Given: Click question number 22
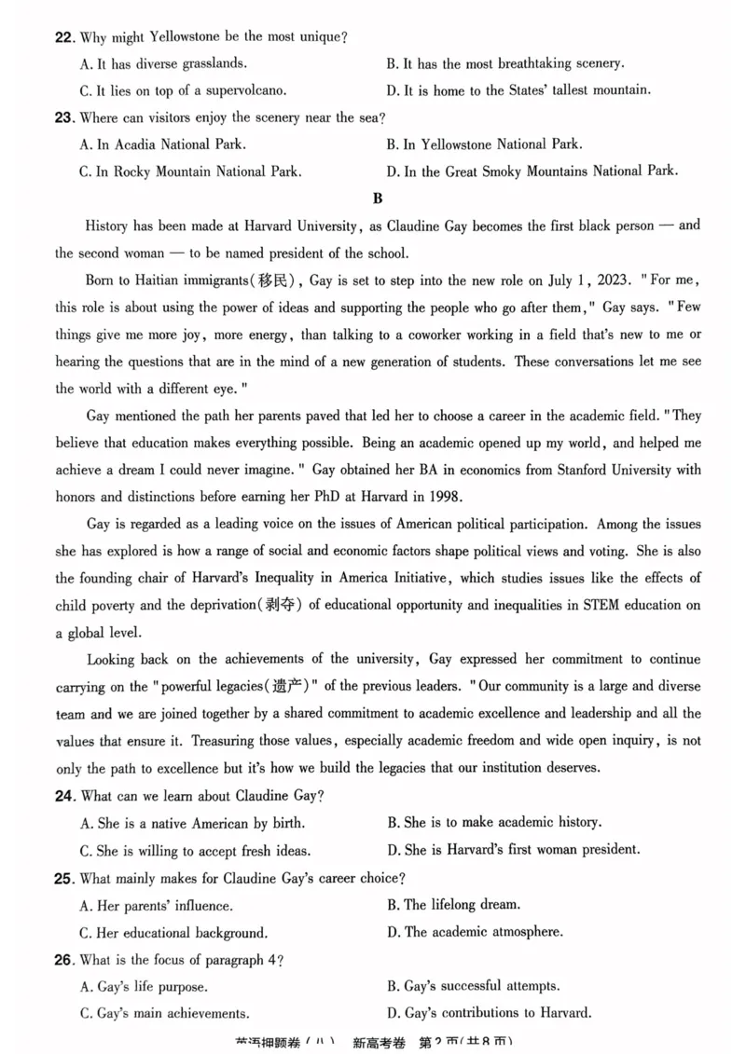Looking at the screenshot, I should pos(64,38).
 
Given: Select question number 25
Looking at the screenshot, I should pos(64,878).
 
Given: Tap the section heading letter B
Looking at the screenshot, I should pos(377,198).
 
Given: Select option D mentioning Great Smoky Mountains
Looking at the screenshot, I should pos(532,171).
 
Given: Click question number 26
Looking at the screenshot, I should pos(64,959).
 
